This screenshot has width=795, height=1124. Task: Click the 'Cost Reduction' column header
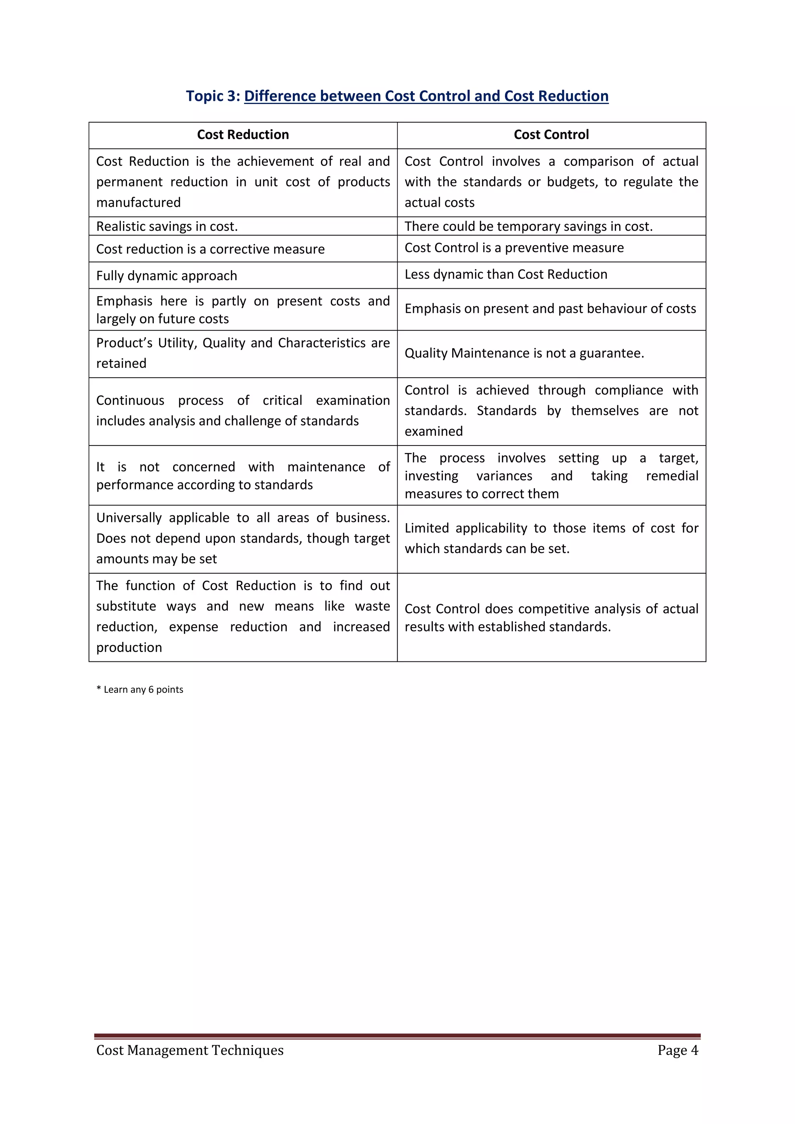(x=243, y=135)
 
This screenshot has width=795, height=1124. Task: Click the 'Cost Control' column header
(x=551, y=135)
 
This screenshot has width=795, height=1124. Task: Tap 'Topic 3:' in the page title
(x=213, y=96)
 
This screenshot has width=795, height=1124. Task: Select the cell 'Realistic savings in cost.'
(x=167, y=226)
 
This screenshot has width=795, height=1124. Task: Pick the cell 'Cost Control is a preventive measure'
(x=514, y=248)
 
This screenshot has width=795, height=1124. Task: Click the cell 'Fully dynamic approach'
(x=167, y=276)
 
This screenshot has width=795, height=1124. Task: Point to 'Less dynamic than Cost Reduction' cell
(x=506, y=274)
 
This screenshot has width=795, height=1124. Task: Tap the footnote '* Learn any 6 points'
(x=140, y=689)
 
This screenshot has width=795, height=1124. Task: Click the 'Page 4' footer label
(x=677, y=1050)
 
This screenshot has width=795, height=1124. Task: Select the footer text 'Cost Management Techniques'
(x=190, y=1050)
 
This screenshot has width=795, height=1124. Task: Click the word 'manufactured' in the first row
(x=139, y=202)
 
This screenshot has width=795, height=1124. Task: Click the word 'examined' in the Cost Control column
(x=434, y=431)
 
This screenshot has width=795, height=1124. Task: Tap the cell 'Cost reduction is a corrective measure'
(x=210, y=249)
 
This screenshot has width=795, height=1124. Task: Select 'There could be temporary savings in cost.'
(x=529, y=226)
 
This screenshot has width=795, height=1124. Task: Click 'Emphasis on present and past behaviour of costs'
(x=550, y=309)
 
